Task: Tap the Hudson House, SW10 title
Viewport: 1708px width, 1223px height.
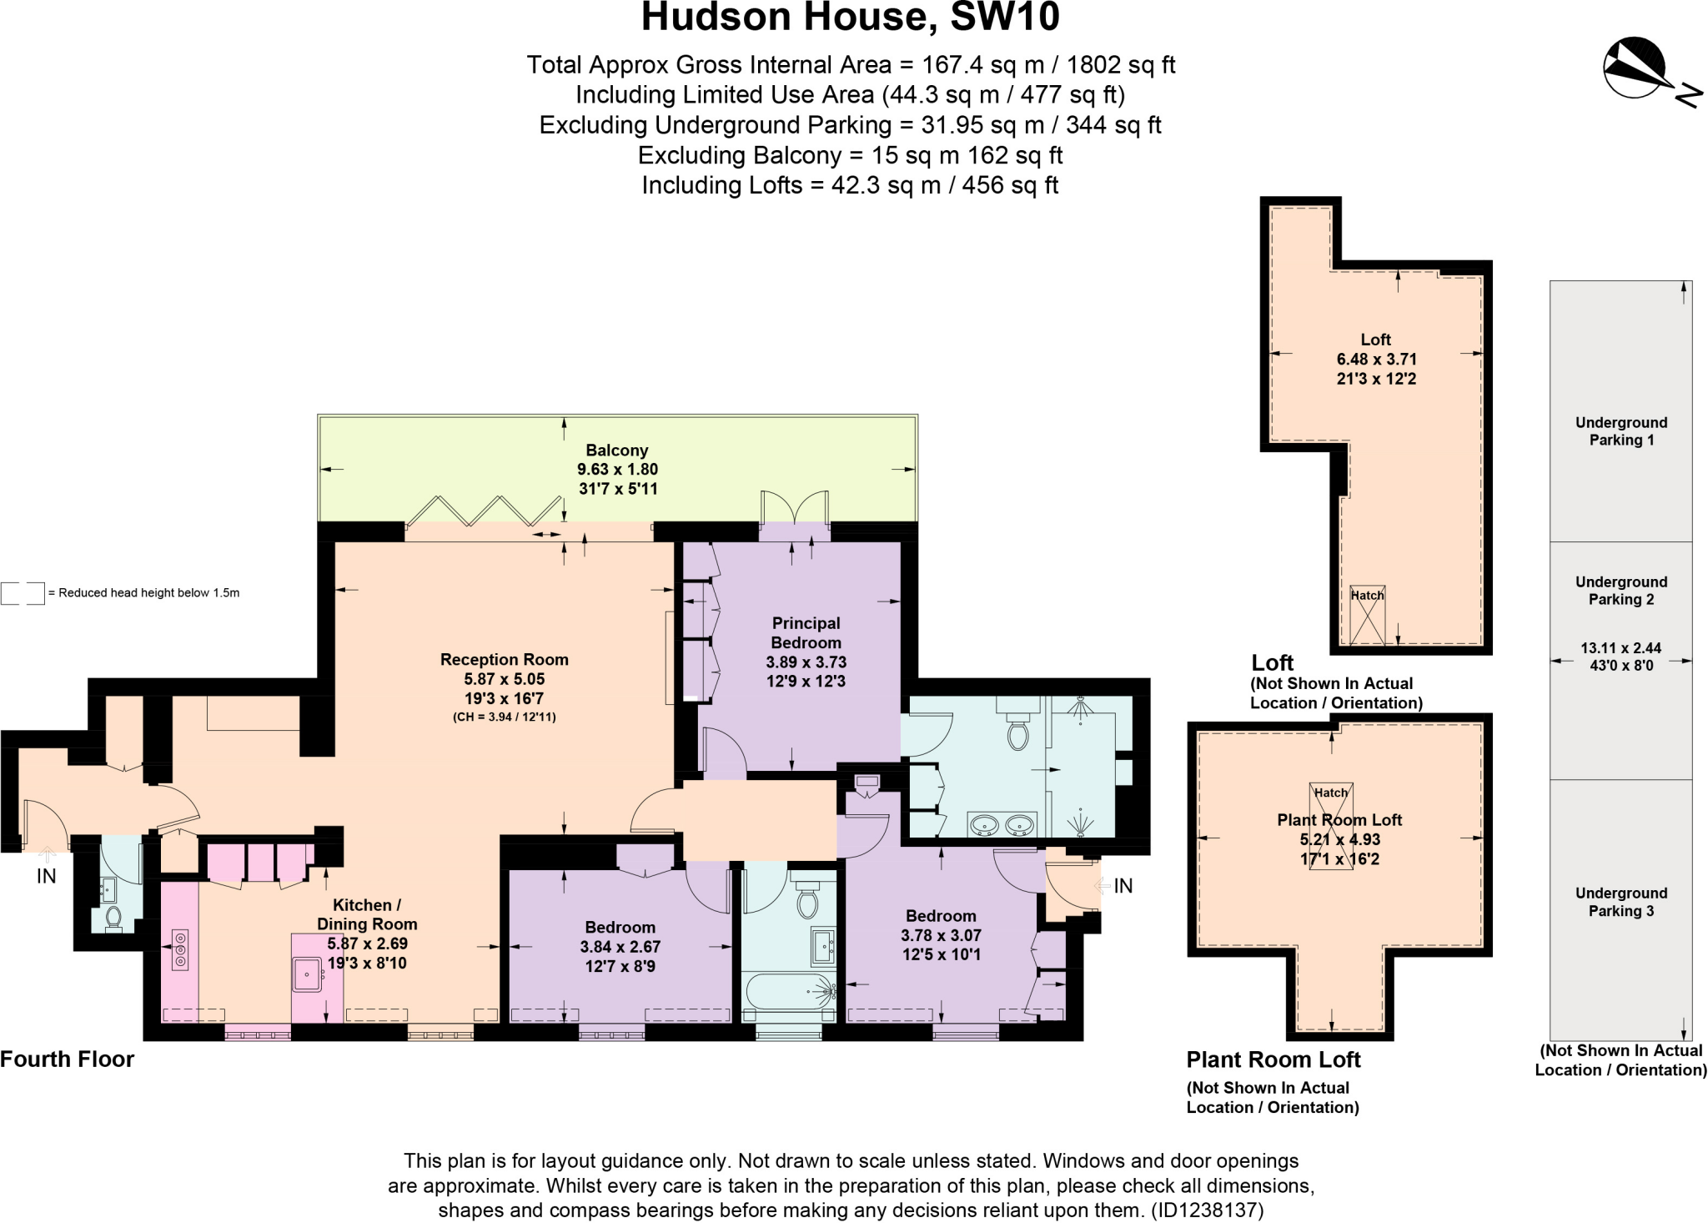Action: pos(850,18)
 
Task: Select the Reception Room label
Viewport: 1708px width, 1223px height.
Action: pos(504,659)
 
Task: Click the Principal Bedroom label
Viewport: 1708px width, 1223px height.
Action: pos(806,632)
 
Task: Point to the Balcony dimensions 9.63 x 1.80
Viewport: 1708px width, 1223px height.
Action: pos(617,469)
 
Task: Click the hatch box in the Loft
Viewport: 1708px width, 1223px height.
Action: pos(1367,616)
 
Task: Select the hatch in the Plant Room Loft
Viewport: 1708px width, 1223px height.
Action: pos(1331,826)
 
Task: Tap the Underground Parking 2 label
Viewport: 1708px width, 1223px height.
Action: pos(1620,591)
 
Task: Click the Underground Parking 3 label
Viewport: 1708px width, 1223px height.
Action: pos(1620,902)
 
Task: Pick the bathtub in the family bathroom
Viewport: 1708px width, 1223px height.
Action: pos(789,991)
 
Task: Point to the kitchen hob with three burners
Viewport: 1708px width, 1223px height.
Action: pos(179,950)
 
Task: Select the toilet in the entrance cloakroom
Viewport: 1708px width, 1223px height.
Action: pos(114,919)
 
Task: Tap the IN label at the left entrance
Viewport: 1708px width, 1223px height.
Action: pos(47,876)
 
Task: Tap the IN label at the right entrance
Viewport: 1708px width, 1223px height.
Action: pos(1123,886)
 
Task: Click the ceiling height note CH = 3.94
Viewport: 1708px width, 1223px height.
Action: pos(504,717)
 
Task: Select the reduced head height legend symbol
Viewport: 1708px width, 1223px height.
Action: pos(23,593)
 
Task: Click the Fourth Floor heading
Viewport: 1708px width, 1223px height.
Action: pos(67,1059)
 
